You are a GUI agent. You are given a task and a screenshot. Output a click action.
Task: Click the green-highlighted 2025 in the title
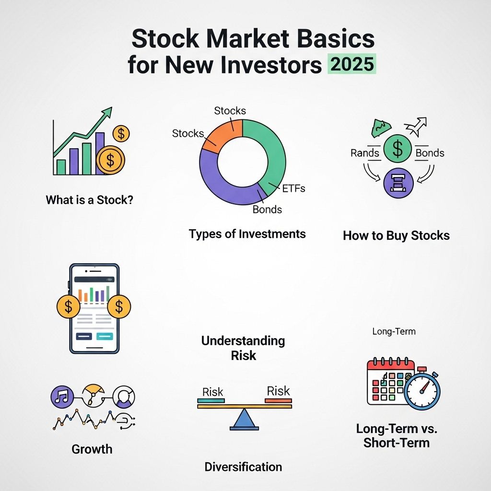click(351, 64)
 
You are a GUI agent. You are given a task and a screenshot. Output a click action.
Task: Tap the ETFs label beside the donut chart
click(293, 188)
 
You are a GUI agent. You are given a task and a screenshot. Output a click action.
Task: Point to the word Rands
click(364, 153)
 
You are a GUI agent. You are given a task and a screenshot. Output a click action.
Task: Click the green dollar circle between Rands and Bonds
click(397, 149)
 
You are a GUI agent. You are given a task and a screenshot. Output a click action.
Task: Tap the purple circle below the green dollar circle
click(398, 183)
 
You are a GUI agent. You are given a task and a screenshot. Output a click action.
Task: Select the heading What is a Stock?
click(90, 200)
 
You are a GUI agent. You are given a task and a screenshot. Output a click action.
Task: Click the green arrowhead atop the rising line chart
click(107, 112)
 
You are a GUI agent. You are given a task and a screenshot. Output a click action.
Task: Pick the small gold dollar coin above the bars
click(121, 134)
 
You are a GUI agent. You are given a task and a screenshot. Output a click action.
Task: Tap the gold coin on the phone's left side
click(68, 306)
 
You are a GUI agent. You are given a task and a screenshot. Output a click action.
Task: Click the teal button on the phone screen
click(105, 336)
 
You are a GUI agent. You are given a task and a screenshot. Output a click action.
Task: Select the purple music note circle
click(62, 397)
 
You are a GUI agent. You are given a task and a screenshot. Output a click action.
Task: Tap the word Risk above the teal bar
click(212, 392)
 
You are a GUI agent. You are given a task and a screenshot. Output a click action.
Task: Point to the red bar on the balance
click(278, 400)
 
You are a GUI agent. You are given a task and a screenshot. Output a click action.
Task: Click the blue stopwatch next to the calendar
click(422, 390)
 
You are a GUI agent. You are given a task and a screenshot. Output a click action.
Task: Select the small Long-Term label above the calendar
click(394, 331)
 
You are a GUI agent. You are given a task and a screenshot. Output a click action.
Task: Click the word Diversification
click(243, 467)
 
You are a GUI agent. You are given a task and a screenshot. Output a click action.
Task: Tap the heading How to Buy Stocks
click(396, 235)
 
